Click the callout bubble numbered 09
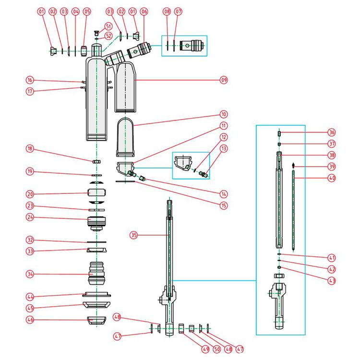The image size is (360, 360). click(x=224, y=81)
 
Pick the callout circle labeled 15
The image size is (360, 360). click(x=224, y=206)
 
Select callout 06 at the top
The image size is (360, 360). click(x=144, y=11)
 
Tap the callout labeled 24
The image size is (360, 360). click(x=30, y=217)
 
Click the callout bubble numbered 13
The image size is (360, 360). click(x=224, y=149)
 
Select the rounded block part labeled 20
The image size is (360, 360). click(x=97, y=194)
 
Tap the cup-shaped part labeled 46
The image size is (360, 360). click(x=97, y=320)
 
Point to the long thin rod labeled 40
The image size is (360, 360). click(x=293, y=211)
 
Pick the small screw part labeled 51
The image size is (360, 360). click(x=97, y=33)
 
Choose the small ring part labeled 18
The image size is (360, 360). click(x=97, y=162)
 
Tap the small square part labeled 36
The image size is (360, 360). click(x=279, y=133)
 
